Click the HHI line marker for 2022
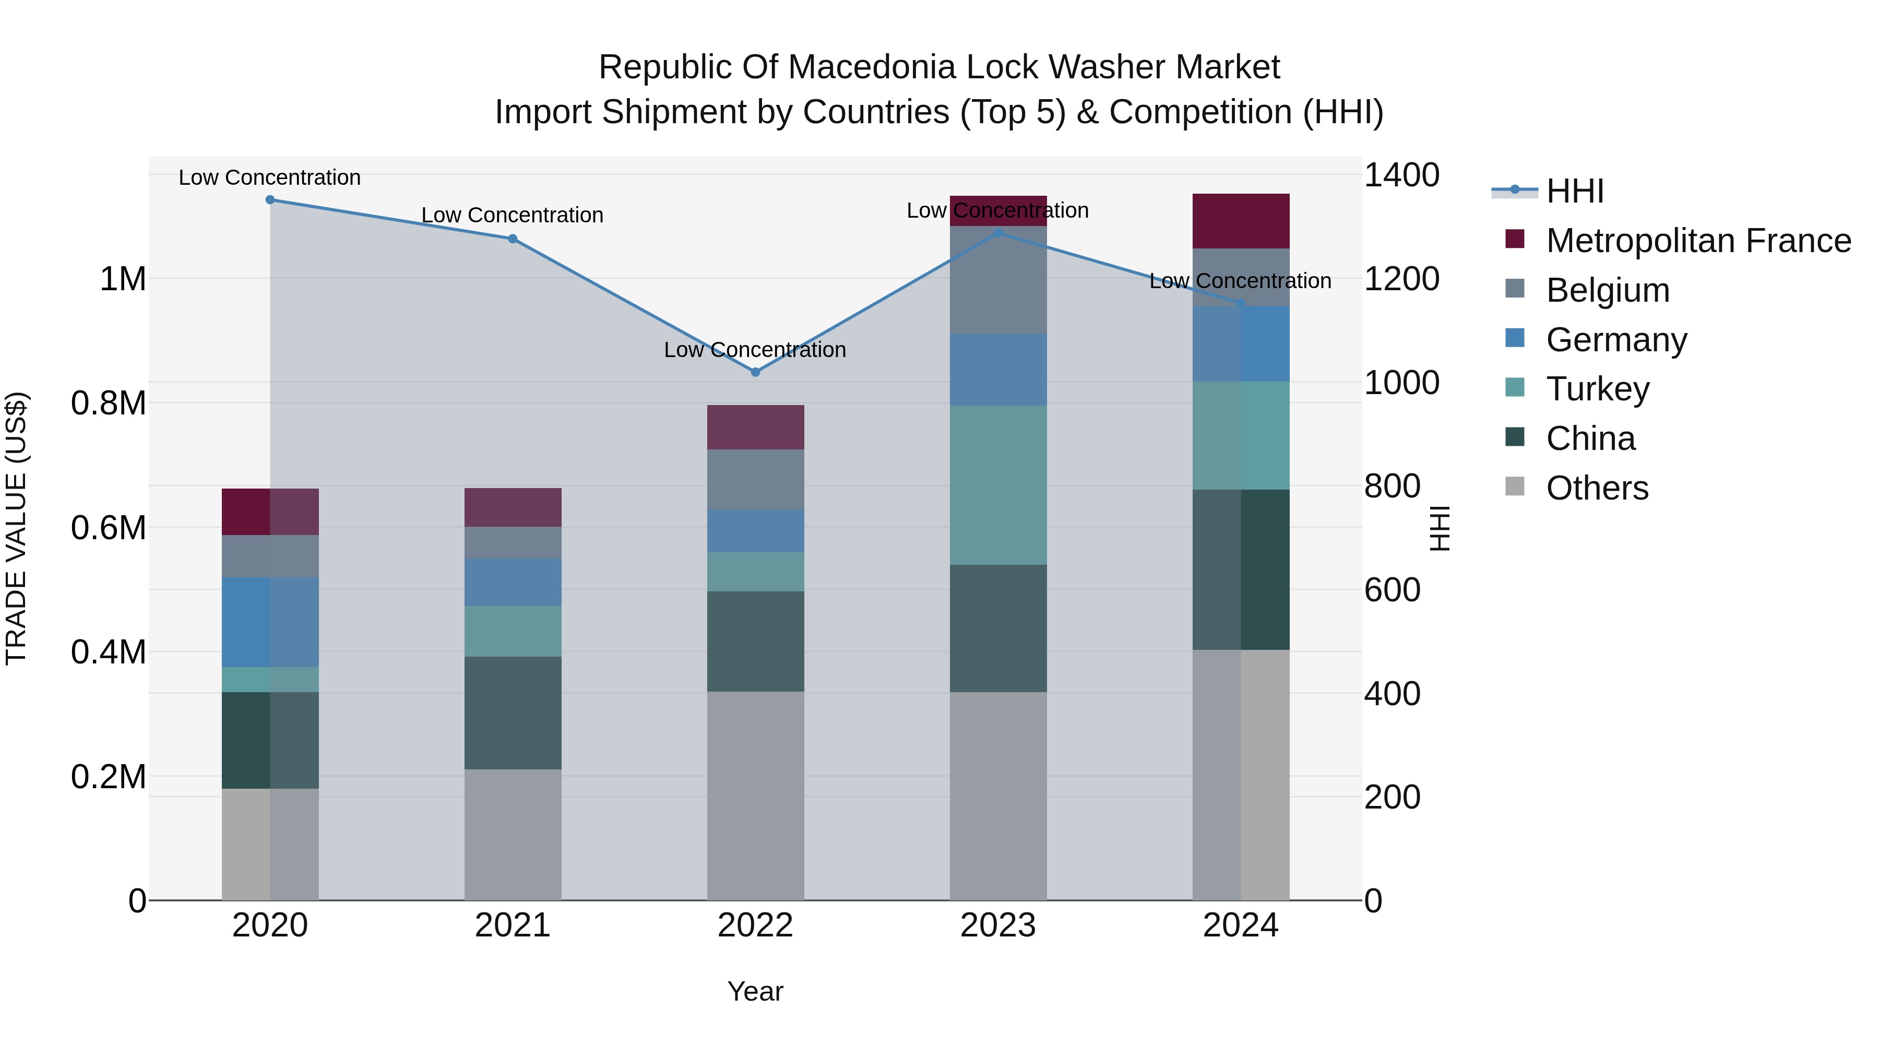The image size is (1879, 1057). click(755, 372)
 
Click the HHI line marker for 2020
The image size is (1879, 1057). click(270, 199)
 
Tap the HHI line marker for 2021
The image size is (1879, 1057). click(513, 239)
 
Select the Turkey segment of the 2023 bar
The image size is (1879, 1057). click(998, 485)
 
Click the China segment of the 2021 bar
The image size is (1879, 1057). click(513, 712)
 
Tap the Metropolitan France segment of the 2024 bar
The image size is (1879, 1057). click(1240, 221)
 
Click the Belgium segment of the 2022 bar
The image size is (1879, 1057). click(755, 479)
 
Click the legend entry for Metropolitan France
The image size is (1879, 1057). click(1698, 241)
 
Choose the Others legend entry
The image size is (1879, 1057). click(1597, 488)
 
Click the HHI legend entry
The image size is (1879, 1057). click(1574, 191)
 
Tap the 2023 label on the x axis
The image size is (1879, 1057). click(998, 925)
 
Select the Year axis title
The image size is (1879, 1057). click(755, 991)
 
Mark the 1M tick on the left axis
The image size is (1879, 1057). click(123, 279)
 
